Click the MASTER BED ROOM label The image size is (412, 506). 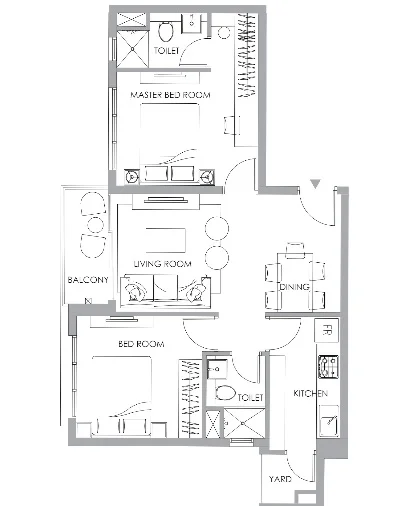[170, 95]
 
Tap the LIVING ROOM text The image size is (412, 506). [162, 264]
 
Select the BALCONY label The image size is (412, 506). [88, 280]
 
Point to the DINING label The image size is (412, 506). [294, 287]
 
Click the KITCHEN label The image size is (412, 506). [310, 393]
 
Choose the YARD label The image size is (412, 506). [280, 479]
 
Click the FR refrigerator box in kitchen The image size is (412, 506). [327, 330]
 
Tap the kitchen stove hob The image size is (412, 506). [328, 367]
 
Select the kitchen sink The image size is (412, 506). [329, 422]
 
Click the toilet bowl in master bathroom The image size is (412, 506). [166, 31]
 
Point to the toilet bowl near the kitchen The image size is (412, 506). [225, 393]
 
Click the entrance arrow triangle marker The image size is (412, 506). [315, 184]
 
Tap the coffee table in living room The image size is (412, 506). [166, 240]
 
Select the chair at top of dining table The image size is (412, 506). [295, 251]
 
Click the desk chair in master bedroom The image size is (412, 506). [231, 125]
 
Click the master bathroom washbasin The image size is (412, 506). [192, 23]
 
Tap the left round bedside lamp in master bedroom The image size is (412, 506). [132, 176]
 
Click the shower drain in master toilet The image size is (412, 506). [132, 49]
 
